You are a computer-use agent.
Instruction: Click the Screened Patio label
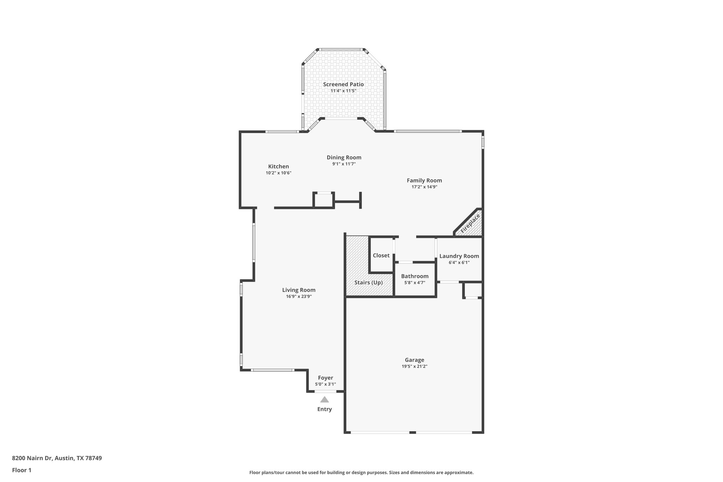[343, 84]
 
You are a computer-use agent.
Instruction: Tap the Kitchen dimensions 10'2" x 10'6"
[278, 173]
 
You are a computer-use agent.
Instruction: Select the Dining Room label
[344, 157]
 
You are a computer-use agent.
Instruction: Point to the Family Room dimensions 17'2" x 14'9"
[424, 187]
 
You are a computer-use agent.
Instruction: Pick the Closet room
[381, 255]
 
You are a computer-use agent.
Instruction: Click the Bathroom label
[414, 276]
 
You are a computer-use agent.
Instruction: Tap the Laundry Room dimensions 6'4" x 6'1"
[459, 262]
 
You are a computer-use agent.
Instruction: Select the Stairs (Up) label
[368, 282]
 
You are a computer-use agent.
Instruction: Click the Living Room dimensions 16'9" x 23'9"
[299, 297]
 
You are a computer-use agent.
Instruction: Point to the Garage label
[414, 360]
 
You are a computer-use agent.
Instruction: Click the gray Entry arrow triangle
[324, 400]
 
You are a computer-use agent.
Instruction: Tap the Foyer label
[325, 378]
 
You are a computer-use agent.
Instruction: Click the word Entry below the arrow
[324, 409]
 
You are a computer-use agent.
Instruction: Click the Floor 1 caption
[22, 470]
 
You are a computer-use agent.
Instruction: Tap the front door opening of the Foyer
[325, 391]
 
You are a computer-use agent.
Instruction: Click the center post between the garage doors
[412, 432]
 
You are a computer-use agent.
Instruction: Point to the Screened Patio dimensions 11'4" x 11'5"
[343, 91]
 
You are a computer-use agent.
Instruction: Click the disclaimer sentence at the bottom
[361, 472]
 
